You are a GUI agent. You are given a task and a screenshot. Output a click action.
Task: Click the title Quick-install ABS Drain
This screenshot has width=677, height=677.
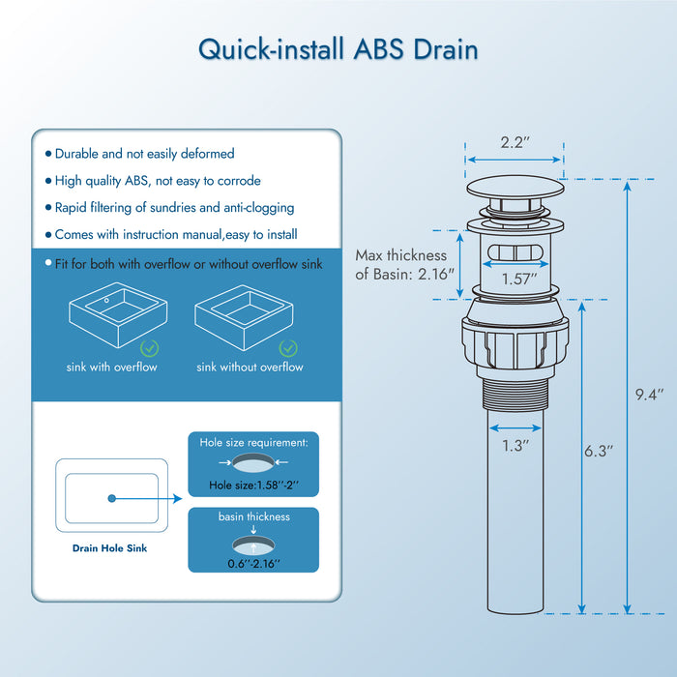338,48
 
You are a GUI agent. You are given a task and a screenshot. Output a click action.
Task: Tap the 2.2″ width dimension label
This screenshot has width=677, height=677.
514,142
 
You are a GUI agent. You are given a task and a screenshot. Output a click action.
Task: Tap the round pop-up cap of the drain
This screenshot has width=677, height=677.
514,188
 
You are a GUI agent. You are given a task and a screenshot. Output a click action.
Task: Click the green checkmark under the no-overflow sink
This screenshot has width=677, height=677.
287,347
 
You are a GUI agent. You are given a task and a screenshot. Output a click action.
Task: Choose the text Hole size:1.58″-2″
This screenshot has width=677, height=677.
251,486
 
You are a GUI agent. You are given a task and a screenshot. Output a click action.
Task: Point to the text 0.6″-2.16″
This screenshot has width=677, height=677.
252,564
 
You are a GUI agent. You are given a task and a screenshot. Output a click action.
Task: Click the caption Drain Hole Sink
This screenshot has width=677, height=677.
110,548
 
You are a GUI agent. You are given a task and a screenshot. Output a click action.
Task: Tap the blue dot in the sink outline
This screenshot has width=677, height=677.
112,498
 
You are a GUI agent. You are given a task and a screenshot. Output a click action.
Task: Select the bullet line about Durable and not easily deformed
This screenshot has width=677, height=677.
144,154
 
